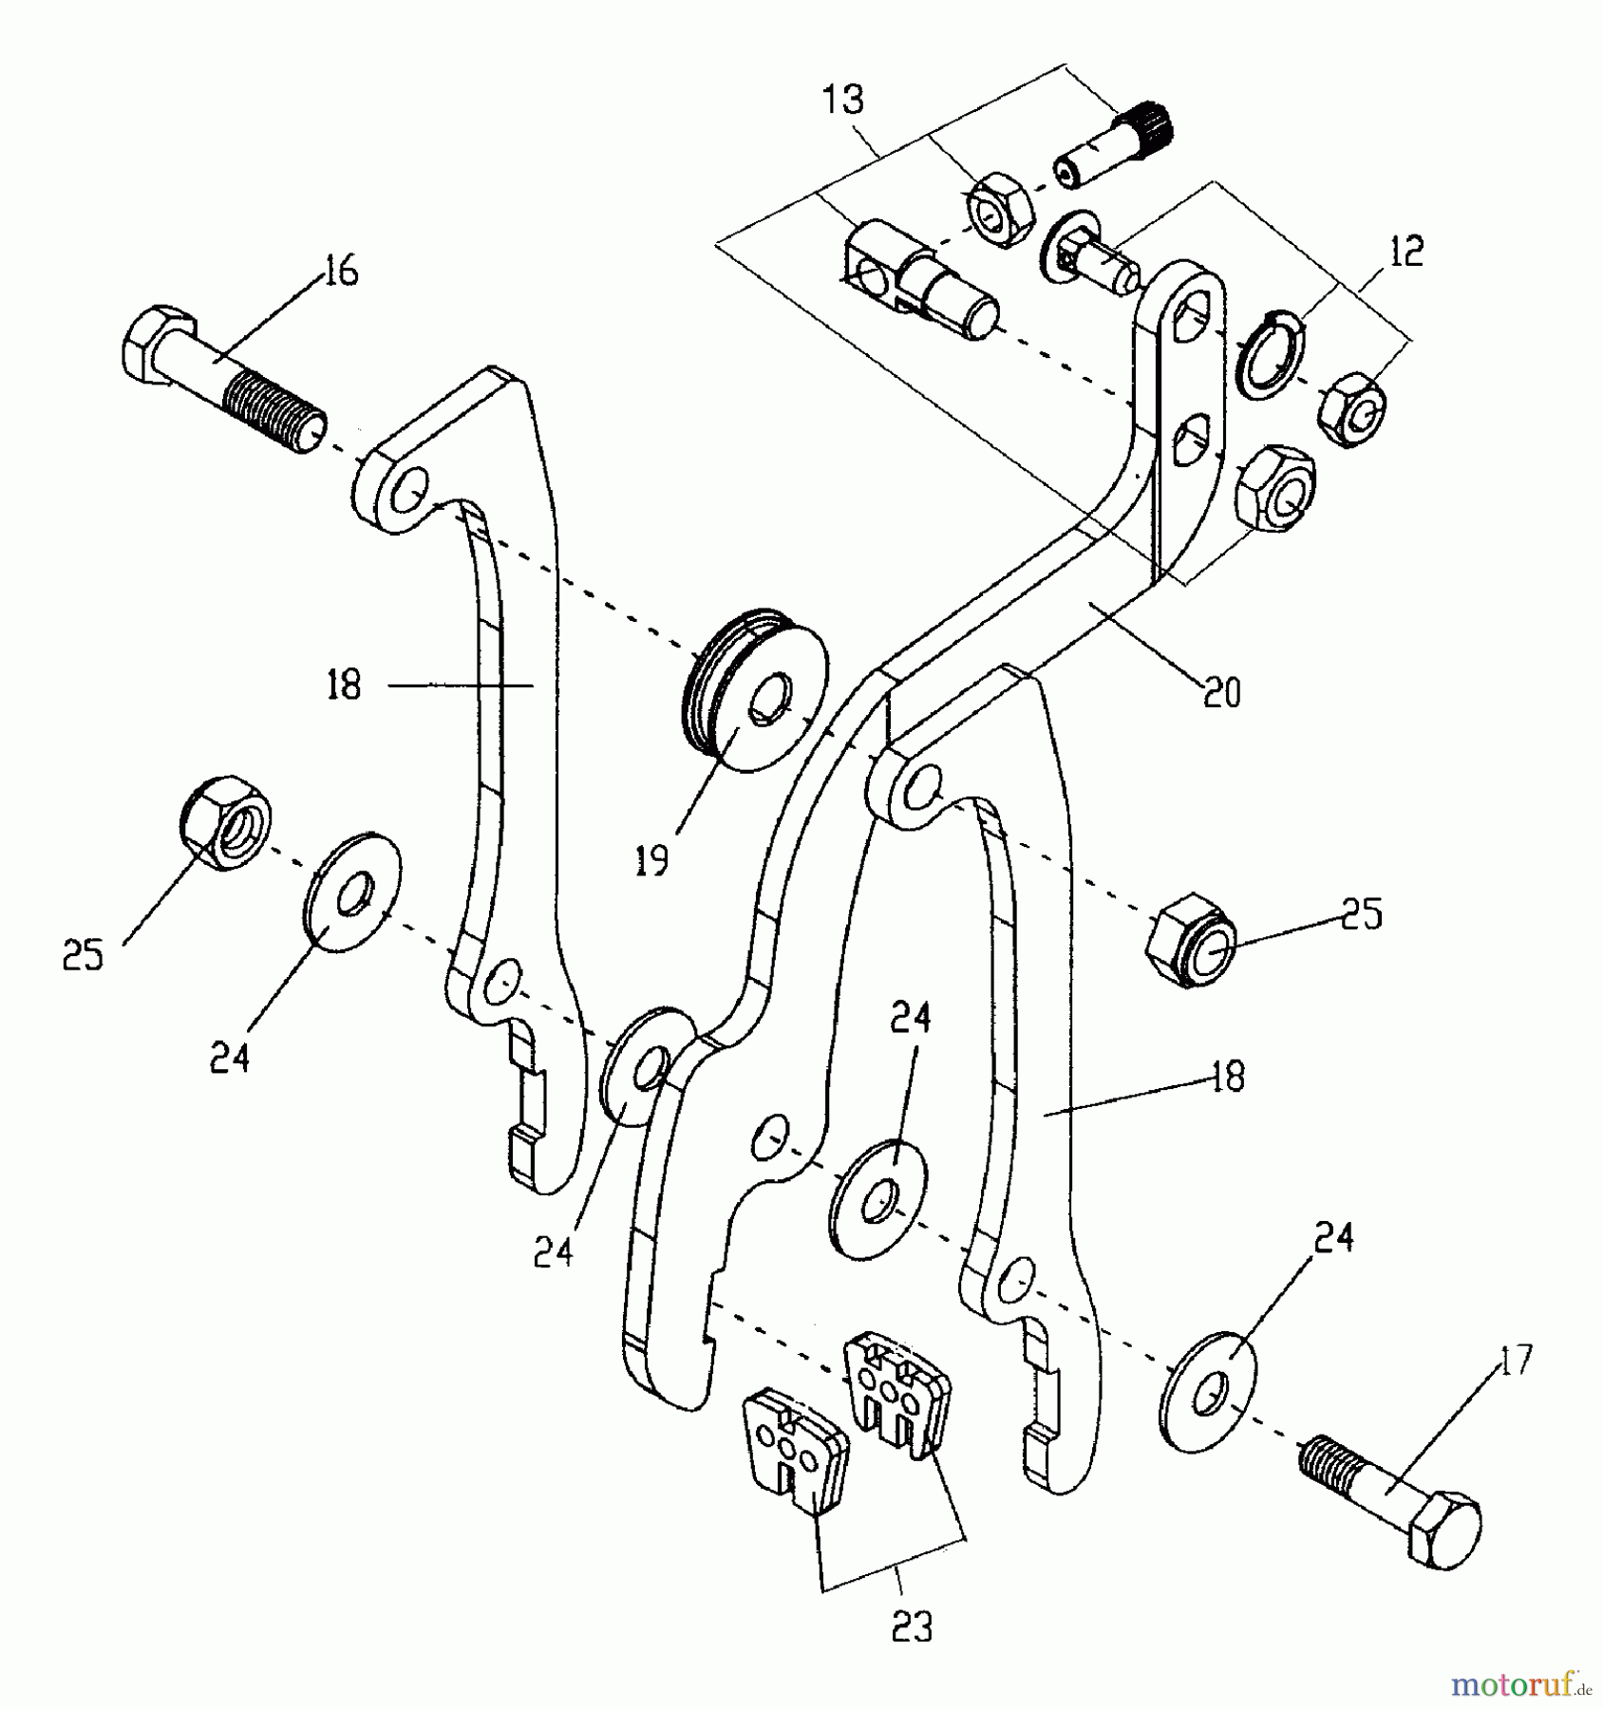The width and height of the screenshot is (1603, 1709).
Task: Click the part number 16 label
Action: click(340, 272)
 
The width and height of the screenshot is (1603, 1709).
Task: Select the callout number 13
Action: click(843, 100)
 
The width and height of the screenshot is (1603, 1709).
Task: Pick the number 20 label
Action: click(1221, 694)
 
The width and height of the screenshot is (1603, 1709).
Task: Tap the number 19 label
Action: click(651, 860)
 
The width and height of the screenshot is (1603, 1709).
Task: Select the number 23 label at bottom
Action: click(912, 1626)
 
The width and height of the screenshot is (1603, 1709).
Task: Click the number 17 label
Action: click(1516, 1361)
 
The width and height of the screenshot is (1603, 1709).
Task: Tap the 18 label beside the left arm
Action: click(344, 685)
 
